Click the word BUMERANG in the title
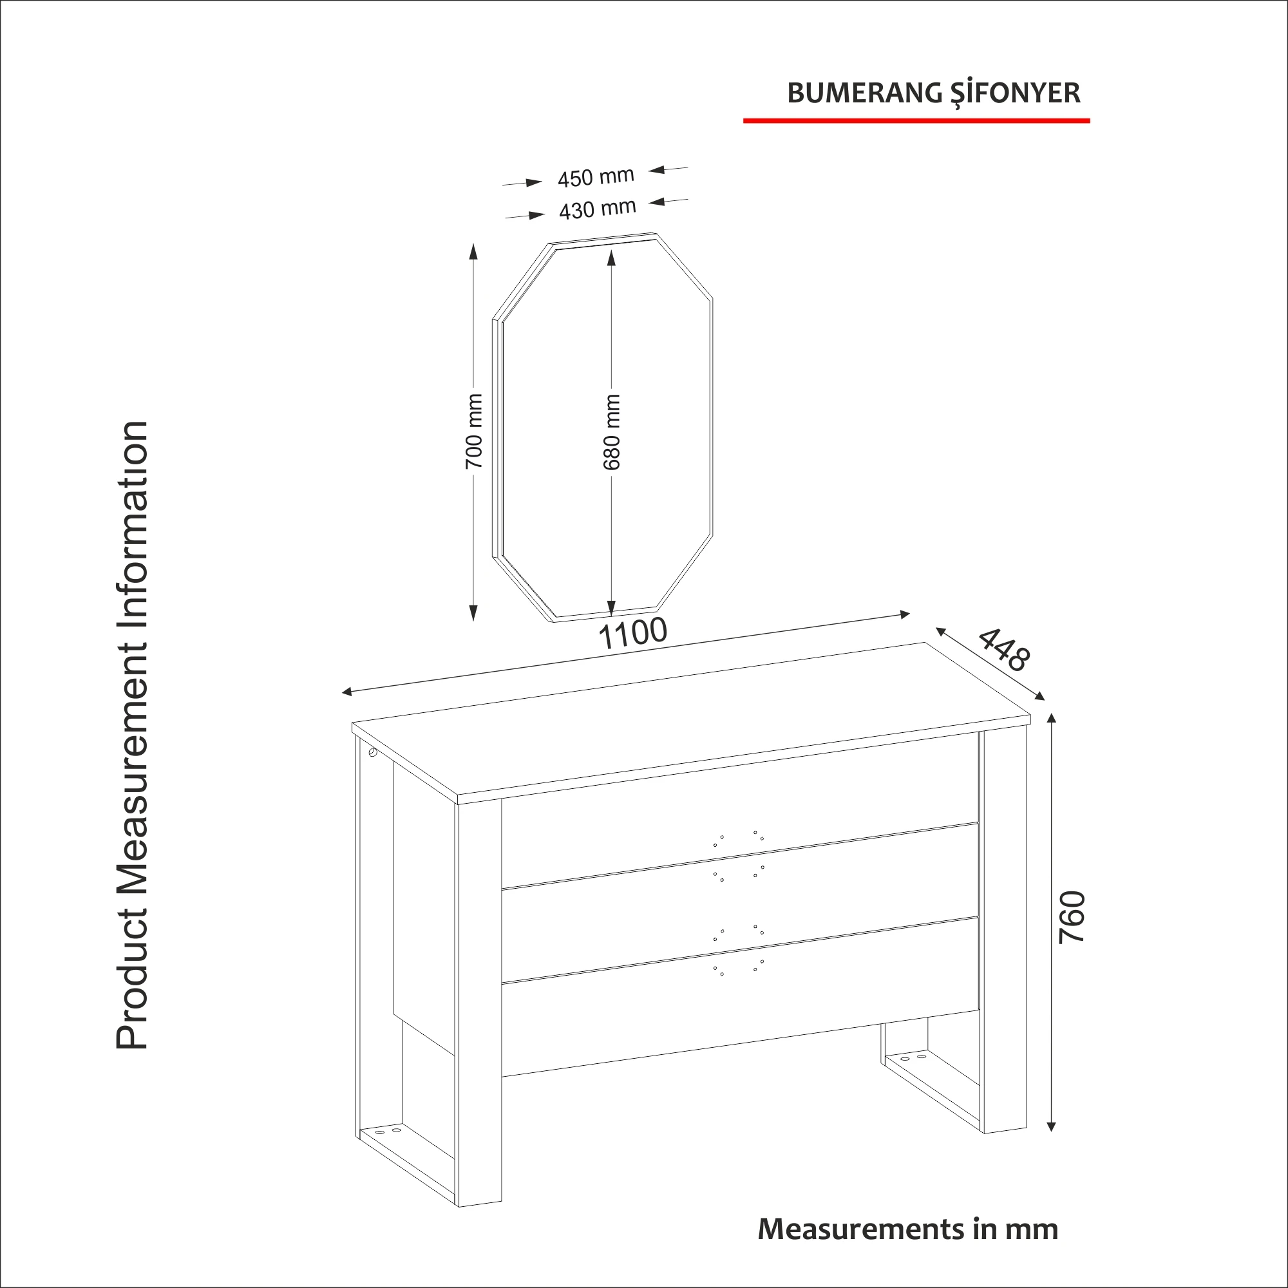(x=865, y=93)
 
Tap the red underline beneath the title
(x=916, y=120)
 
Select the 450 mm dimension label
(x=595, y=177)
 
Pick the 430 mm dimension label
(x=597, y=209)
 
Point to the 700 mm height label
(x=473, y=431)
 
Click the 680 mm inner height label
(x=611, y=431)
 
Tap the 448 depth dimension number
(x=1004, y=649)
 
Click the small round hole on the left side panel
(x=372, y=754)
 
